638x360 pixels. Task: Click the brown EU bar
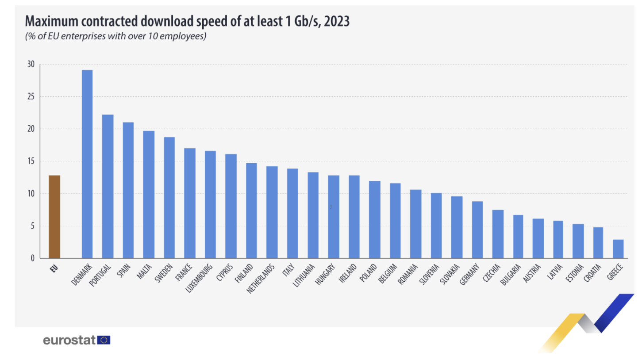pyautogui.click(x=54, y=217)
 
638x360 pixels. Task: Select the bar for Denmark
pyautogui.click(x=87, y=164)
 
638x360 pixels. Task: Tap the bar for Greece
pyautogui.click(x=618, y=249)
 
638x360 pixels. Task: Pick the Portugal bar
pyautogui.click(x=108, y=186)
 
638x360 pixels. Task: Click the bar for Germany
pyautogui.click(x=477, y=230)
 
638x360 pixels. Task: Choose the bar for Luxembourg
pyautogui.click(x=211, y=204)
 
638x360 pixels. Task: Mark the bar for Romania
pyautogui.click(x=416, y=224)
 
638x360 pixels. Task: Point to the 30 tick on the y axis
pyautogui.click(x=31, y=65)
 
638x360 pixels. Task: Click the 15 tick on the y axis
pyautogui.click(x=31, y=161)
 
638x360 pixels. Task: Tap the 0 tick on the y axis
pyautogui.click(x=32, y=258)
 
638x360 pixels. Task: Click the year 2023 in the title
pyautogui.click(x=337, y=21)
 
